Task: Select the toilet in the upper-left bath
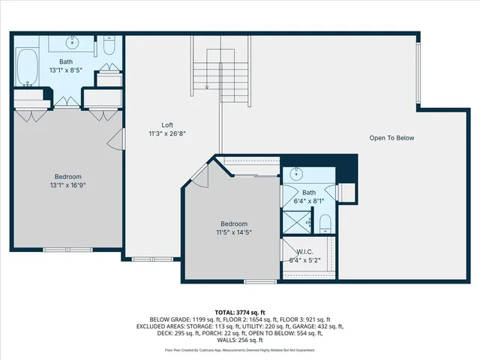click(109, 46)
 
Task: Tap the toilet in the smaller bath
click(325, 223)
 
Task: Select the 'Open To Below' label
click(391, 138)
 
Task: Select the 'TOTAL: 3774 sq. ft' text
click(239, 312)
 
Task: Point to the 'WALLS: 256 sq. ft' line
click(239, 341)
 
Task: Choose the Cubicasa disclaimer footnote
click(239, 350)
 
